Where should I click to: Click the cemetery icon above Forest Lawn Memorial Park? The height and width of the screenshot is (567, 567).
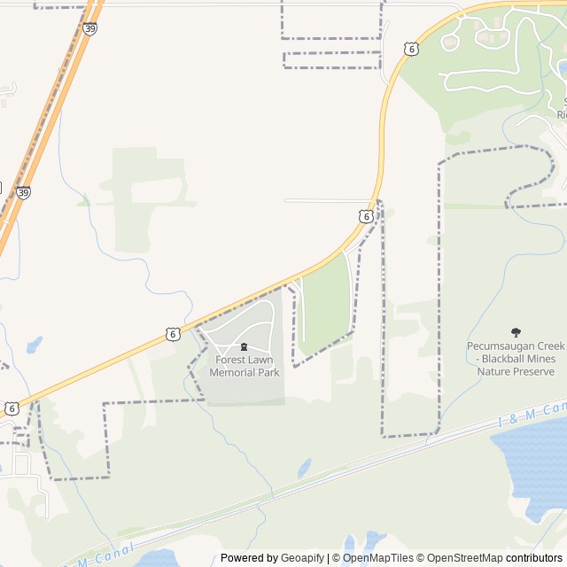[x=245, y=346]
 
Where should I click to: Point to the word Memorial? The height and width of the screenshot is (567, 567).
[x=232, y=372]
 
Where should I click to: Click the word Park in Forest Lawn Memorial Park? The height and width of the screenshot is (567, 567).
[x=268, y=372]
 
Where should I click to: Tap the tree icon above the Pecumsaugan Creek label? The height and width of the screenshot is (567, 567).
[x=517, y=332]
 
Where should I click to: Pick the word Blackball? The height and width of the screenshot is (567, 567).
[x=506, y=359]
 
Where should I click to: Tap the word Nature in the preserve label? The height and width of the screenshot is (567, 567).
[x=495, y=371]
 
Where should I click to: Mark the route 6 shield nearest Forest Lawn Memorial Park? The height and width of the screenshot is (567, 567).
[x=174, y=333]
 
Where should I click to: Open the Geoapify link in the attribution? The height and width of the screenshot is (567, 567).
[x=302, y=558]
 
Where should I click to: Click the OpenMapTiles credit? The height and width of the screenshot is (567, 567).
[x=377, y=558]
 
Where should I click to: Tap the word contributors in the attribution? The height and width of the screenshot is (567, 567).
[x=534, y=558]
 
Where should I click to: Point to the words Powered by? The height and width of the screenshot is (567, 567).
[x=249, y=558]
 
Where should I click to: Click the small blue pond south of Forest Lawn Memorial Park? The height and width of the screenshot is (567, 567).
[x=304, y=466]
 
